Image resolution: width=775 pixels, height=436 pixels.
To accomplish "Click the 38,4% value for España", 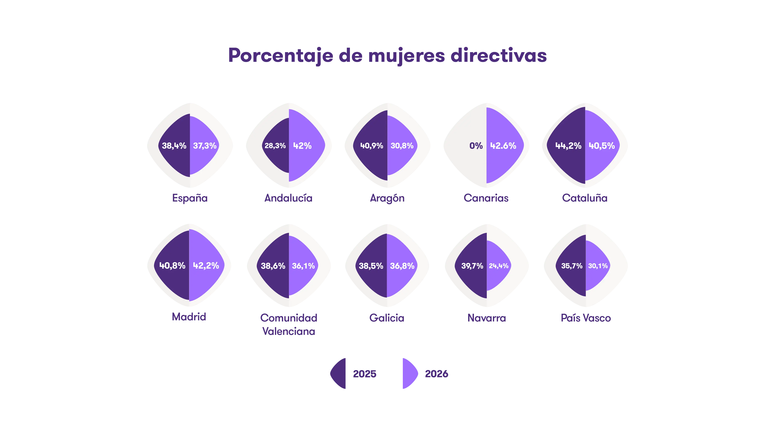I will pyautogui.click(x=174, y=146).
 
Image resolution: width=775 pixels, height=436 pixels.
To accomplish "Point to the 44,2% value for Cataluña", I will pyautogui.click(x=568, y=146).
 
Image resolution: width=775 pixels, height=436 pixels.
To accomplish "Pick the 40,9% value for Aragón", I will pyautogui.click(x=372, y=146).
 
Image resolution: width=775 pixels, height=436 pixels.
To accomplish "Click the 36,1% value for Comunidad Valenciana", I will pyautogui.click(x=303, y=266).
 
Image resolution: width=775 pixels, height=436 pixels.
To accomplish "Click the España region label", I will pyautogui.click(x=189, y=198).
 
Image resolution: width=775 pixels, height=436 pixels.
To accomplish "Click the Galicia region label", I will pyautogui.click(x=387, y=318).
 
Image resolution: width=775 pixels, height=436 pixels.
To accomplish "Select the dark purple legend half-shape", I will pyautogui.click(x=339, y=373).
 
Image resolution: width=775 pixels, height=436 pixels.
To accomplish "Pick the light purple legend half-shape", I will pyautogui.click(x=409, y=373).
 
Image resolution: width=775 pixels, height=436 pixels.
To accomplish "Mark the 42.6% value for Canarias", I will pyautogui.click(x=503, y=146).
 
